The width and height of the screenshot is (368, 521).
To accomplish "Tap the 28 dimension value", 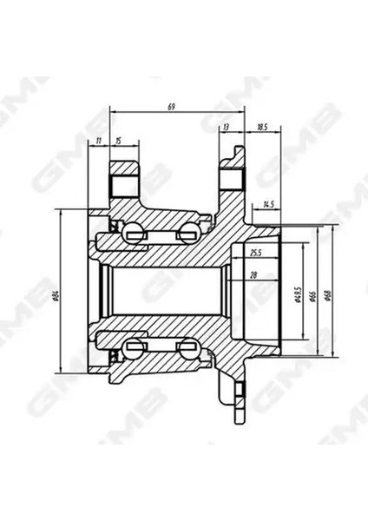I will tap(253, 276).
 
